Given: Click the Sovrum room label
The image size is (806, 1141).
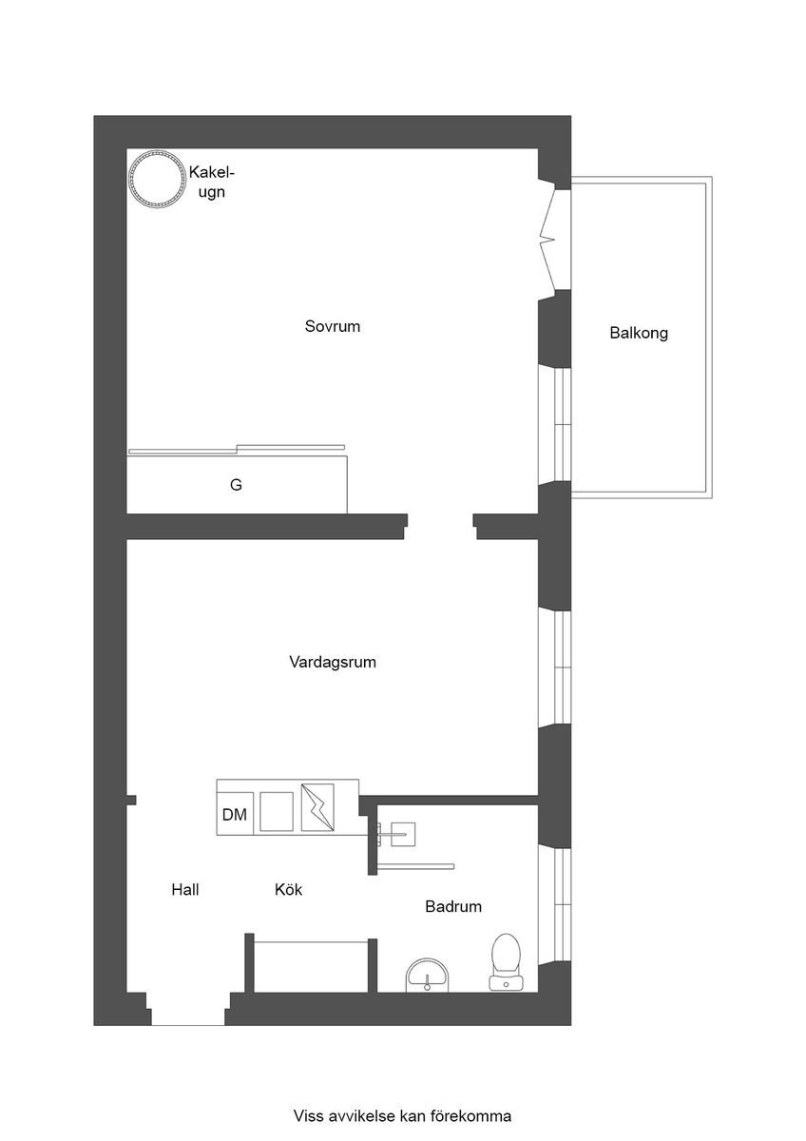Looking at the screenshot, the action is click(x=332, y=326).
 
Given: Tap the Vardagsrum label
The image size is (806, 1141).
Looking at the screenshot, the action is click(x=333, y=662).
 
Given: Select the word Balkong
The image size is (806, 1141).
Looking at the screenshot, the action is click(x=639, y=333).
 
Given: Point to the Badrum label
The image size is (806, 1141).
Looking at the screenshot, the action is click(x=453, y=906).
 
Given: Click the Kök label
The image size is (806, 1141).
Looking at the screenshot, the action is click(x=288, y=889).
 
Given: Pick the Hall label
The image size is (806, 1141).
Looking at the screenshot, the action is click(x=184, y=889).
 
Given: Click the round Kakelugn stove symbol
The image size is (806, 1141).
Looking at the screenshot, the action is click(x=156, y=180).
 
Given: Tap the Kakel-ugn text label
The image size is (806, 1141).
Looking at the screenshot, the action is click(x=211, y=182).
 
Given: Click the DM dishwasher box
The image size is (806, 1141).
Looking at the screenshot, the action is click(x=235, y=814).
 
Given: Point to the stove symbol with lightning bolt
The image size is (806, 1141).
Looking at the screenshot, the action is click(x=317, y=807).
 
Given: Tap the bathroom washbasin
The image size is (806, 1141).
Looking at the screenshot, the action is click(x=428, y=975).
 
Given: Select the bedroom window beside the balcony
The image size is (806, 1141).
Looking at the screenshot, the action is click(x=555, y=424).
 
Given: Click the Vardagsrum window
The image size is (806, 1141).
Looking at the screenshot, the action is click(x=555, y=667).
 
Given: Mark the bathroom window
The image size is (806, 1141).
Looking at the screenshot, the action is click(x=555, y=904).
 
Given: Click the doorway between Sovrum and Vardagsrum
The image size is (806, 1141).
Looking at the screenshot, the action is click(x=440, y=526).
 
